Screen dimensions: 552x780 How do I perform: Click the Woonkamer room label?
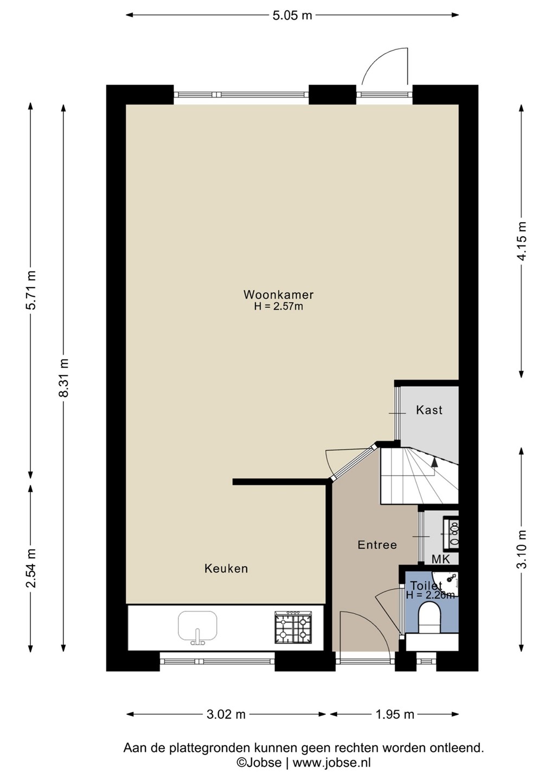coord(278,295)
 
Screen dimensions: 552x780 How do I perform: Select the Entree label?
coord(377,544)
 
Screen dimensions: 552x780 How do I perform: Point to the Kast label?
coord(429,410)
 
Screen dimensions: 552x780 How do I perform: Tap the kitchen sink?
coord(197,627)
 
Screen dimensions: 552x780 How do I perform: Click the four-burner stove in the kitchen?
coord(293,627)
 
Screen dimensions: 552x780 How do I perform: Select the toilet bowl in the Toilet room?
coord(429,617)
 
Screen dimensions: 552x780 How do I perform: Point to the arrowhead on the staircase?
coord(434,462)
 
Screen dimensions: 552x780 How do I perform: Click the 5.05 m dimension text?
coord(292,15)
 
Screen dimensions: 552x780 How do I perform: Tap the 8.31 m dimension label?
coord(64,378)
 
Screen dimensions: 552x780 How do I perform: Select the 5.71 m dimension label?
coord(31,290)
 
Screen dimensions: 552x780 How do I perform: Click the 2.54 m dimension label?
coord(31,568)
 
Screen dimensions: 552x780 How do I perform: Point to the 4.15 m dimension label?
coord(522,240)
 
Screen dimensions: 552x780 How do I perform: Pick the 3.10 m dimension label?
coord(522,549)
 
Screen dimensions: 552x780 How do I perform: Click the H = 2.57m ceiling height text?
coord(278,307)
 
